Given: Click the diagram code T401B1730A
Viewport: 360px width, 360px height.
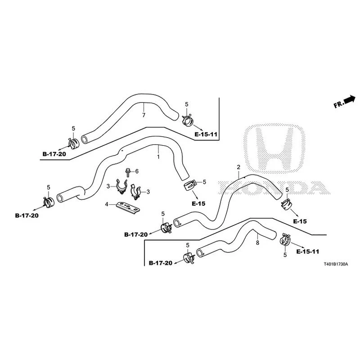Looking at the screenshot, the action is click(x=336, y=264).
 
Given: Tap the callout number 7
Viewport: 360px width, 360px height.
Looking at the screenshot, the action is click(x=144, y=115).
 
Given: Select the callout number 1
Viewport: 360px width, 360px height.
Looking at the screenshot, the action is click(x=158, y=157).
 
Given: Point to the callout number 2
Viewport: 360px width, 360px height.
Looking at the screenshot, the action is click(x=238, y=167).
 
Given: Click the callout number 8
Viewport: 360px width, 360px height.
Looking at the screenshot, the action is click(x=257, y=243).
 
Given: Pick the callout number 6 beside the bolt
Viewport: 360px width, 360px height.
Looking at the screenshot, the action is click(x=137, y=171).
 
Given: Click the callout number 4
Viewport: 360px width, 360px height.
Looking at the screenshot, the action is click(x=107, y=204).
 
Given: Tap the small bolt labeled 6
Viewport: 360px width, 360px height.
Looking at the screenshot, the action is click(x=127, y=173).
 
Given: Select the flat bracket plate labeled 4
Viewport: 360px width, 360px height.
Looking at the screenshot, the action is click(x=128, y=207).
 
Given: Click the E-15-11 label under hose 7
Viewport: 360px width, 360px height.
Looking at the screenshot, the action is click(x=206, y=134).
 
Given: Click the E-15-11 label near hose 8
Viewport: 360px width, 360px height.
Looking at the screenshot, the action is click(x=308, y=252).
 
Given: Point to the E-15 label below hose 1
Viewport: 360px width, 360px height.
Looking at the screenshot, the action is click(x=198, y=204).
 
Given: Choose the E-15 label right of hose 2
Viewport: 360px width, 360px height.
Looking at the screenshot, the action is click(x=300, y=221).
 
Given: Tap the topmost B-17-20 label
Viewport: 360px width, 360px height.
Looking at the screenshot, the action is click(x=54, y=154).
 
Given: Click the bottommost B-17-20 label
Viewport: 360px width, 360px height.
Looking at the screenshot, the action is click(x=161, y=263).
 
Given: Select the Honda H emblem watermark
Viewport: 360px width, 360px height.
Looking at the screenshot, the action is click(x=274, y=149).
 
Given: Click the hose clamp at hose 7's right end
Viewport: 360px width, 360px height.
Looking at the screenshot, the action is click(x=188, y=120).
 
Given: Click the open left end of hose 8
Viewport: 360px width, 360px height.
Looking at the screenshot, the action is click(x=200, y=253).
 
